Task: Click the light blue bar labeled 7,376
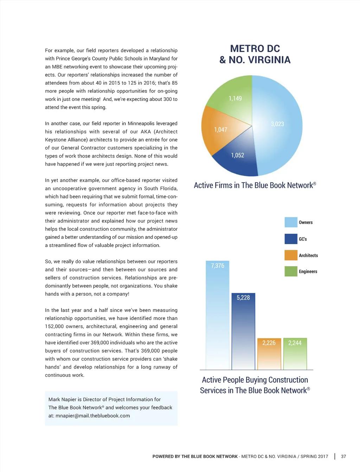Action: point(217,316)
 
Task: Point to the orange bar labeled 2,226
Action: point(269,355)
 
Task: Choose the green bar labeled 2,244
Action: point(295,355)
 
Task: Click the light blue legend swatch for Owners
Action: point(291,222)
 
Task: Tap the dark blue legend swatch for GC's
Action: point(291,239)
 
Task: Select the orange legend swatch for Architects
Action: point(291,255)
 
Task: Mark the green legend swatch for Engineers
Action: point(291,271)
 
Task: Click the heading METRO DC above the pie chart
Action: point(255,48)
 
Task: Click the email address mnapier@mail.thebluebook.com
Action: point(92,416)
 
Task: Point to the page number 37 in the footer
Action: point(343,457)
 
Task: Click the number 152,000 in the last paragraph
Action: point(54,327)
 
